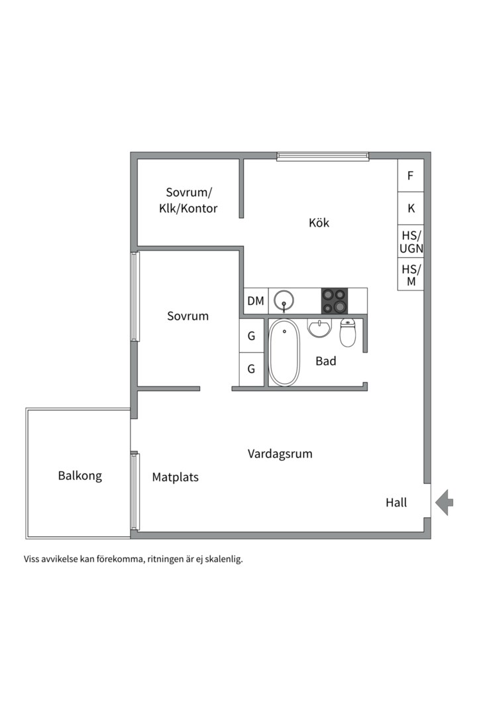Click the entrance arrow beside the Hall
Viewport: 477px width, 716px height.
coord(445,502)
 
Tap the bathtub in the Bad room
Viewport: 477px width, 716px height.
coord(284,353)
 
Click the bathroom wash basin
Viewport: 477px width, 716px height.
coord(320,328)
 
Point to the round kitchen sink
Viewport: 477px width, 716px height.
coord(284,301)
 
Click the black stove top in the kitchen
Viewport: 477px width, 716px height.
coord(334,301)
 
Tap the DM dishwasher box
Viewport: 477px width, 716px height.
coord(256,301)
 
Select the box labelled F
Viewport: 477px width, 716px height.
coord(411,176)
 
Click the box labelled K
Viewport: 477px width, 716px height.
coord(411,208)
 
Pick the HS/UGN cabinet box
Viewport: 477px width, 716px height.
coord(411,241)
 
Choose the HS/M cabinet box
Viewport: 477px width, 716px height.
coord(411,274)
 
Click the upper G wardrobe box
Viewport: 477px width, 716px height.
coord(251,336)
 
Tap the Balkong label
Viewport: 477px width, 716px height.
coord(79,475)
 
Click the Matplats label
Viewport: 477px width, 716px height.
coord(175,477)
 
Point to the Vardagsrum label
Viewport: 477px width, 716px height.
coord(280,454)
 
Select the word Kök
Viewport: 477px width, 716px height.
coord(319,223)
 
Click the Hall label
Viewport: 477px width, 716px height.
coord(396,503)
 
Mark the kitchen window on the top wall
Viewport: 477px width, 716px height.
coord(323,156)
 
